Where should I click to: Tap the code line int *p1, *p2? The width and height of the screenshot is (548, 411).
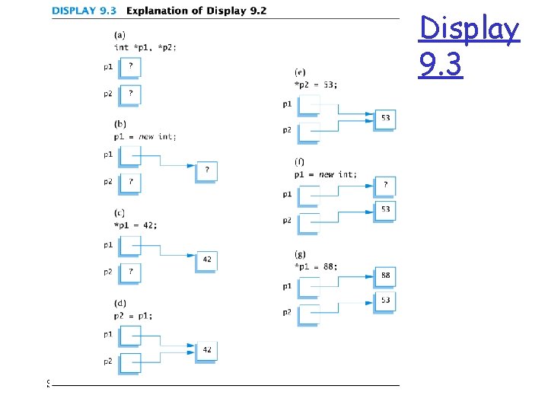(145, 47)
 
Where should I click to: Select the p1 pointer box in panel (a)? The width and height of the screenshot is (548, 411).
(130, 67)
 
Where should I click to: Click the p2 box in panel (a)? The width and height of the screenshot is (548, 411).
(130, 94)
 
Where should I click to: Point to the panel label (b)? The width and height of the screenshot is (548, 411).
(119, 123)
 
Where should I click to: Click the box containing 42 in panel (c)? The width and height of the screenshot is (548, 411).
(206, 260)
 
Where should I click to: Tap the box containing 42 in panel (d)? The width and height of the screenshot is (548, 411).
(206, 349)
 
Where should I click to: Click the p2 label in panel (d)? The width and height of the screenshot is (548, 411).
(108, 361)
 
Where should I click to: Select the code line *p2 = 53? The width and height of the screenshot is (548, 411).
(316, 84)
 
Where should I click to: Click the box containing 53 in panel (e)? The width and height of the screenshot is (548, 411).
(385, 119)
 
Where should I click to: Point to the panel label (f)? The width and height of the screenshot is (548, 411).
(300, 162)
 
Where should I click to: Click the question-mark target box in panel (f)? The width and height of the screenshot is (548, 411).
(385, 185)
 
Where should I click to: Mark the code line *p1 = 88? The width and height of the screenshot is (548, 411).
(316, 266)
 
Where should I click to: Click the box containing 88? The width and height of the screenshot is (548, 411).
(385, 276)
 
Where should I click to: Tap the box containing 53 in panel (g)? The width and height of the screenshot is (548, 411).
(385, 301)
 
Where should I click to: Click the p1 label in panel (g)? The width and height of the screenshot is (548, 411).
(287, 285)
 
